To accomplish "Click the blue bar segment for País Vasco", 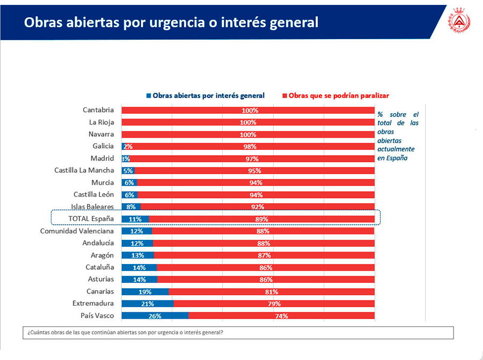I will click(x=155, y=316).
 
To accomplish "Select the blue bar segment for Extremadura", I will click(x=147, y=304).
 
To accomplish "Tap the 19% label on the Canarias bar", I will click(x=145, y=292).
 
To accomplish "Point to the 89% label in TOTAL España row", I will click(x=262, y=219).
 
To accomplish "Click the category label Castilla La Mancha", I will click(x=84, y=171).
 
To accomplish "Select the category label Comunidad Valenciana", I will click(x=77, y=231).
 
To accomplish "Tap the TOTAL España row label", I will click(x=91, y=219).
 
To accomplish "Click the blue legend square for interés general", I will click(x=149, y=96).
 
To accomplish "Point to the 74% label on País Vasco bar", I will click(x=281, y=316).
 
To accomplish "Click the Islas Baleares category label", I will click(x=92, y=207).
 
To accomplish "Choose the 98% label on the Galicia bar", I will click(x=250, y=146).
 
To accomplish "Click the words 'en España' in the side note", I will click(x=392, y=158).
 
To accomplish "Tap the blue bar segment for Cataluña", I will click(x=139, y=267).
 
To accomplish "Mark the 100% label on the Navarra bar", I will click(x=248, y=135).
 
